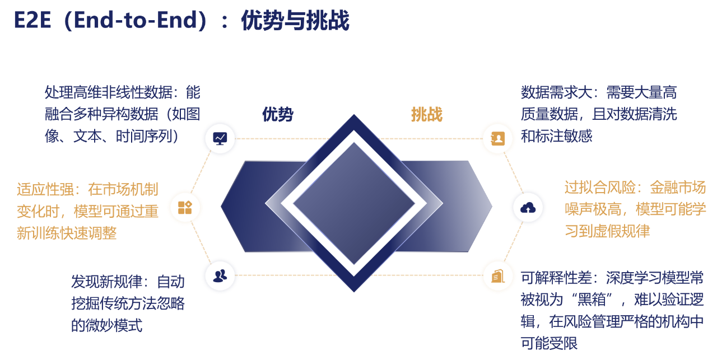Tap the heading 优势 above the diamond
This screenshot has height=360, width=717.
tap(278, 114)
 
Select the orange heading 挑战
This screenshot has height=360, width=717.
tap(427, 114)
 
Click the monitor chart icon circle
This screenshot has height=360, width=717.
tap(220, 138)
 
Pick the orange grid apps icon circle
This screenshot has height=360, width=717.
tap(185, 208)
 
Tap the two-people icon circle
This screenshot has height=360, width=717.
tap(220, 275)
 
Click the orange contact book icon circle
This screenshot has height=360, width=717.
tap(497, 138)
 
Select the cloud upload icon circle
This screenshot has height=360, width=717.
tap(528, 208)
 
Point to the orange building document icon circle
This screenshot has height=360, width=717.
tap(497, 275)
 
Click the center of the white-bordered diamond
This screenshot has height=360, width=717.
tap(353, 203)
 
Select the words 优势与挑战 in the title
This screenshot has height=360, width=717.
tap(295, 21)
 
